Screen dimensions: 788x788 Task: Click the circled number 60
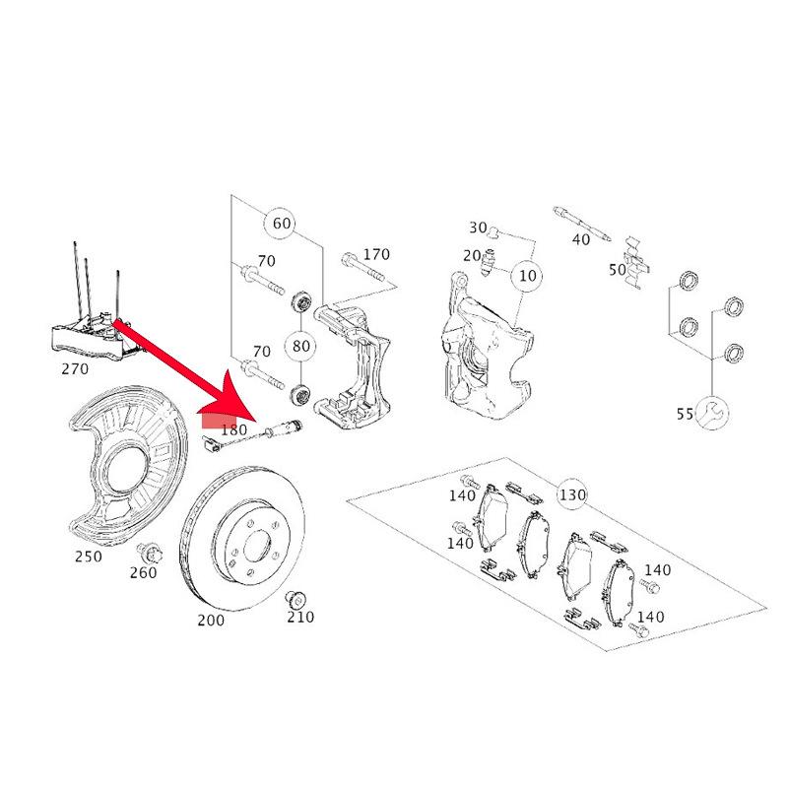[282, 223]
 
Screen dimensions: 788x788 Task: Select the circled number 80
[300, 346]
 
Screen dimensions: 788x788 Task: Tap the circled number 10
[527, 276]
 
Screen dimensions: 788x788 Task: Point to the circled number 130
[572, 495]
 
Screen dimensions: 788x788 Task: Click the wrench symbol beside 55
[712, 413]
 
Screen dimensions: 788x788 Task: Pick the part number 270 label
[75, 368]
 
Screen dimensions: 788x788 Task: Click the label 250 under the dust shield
[88, 557]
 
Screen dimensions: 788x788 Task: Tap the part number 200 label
[211, 621]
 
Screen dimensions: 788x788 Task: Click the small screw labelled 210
[296, 599]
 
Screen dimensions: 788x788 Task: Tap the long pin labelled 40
[582, 223]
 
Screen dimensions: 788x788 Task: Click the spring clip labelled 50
[636, 262]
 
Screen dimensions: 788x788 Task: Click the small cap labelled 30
[493, 231]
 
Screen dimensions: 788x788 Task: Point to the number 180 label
[234, 429]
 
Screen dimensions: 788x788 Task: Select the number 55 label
[685, 414]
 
